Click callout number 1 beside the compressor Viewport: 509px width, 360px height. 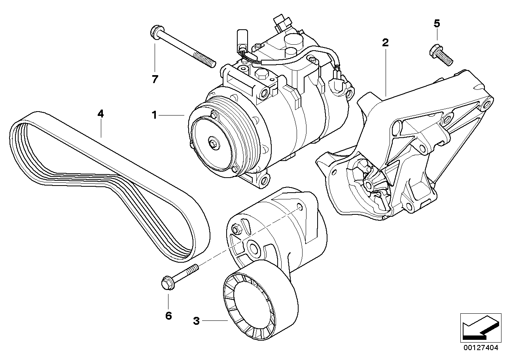coord(155,115)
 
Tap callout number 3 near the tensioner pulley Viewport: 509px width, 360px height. coord(196,321)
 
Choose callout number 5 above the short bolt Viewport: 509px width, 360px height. coord(437,24)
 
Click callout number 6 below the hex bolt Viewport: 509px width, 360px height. coord(168,316)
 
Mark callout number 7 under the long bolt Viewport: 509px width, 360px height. coord(155,79)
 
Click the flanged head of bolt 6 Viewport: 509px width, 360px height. coord(166,284)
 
